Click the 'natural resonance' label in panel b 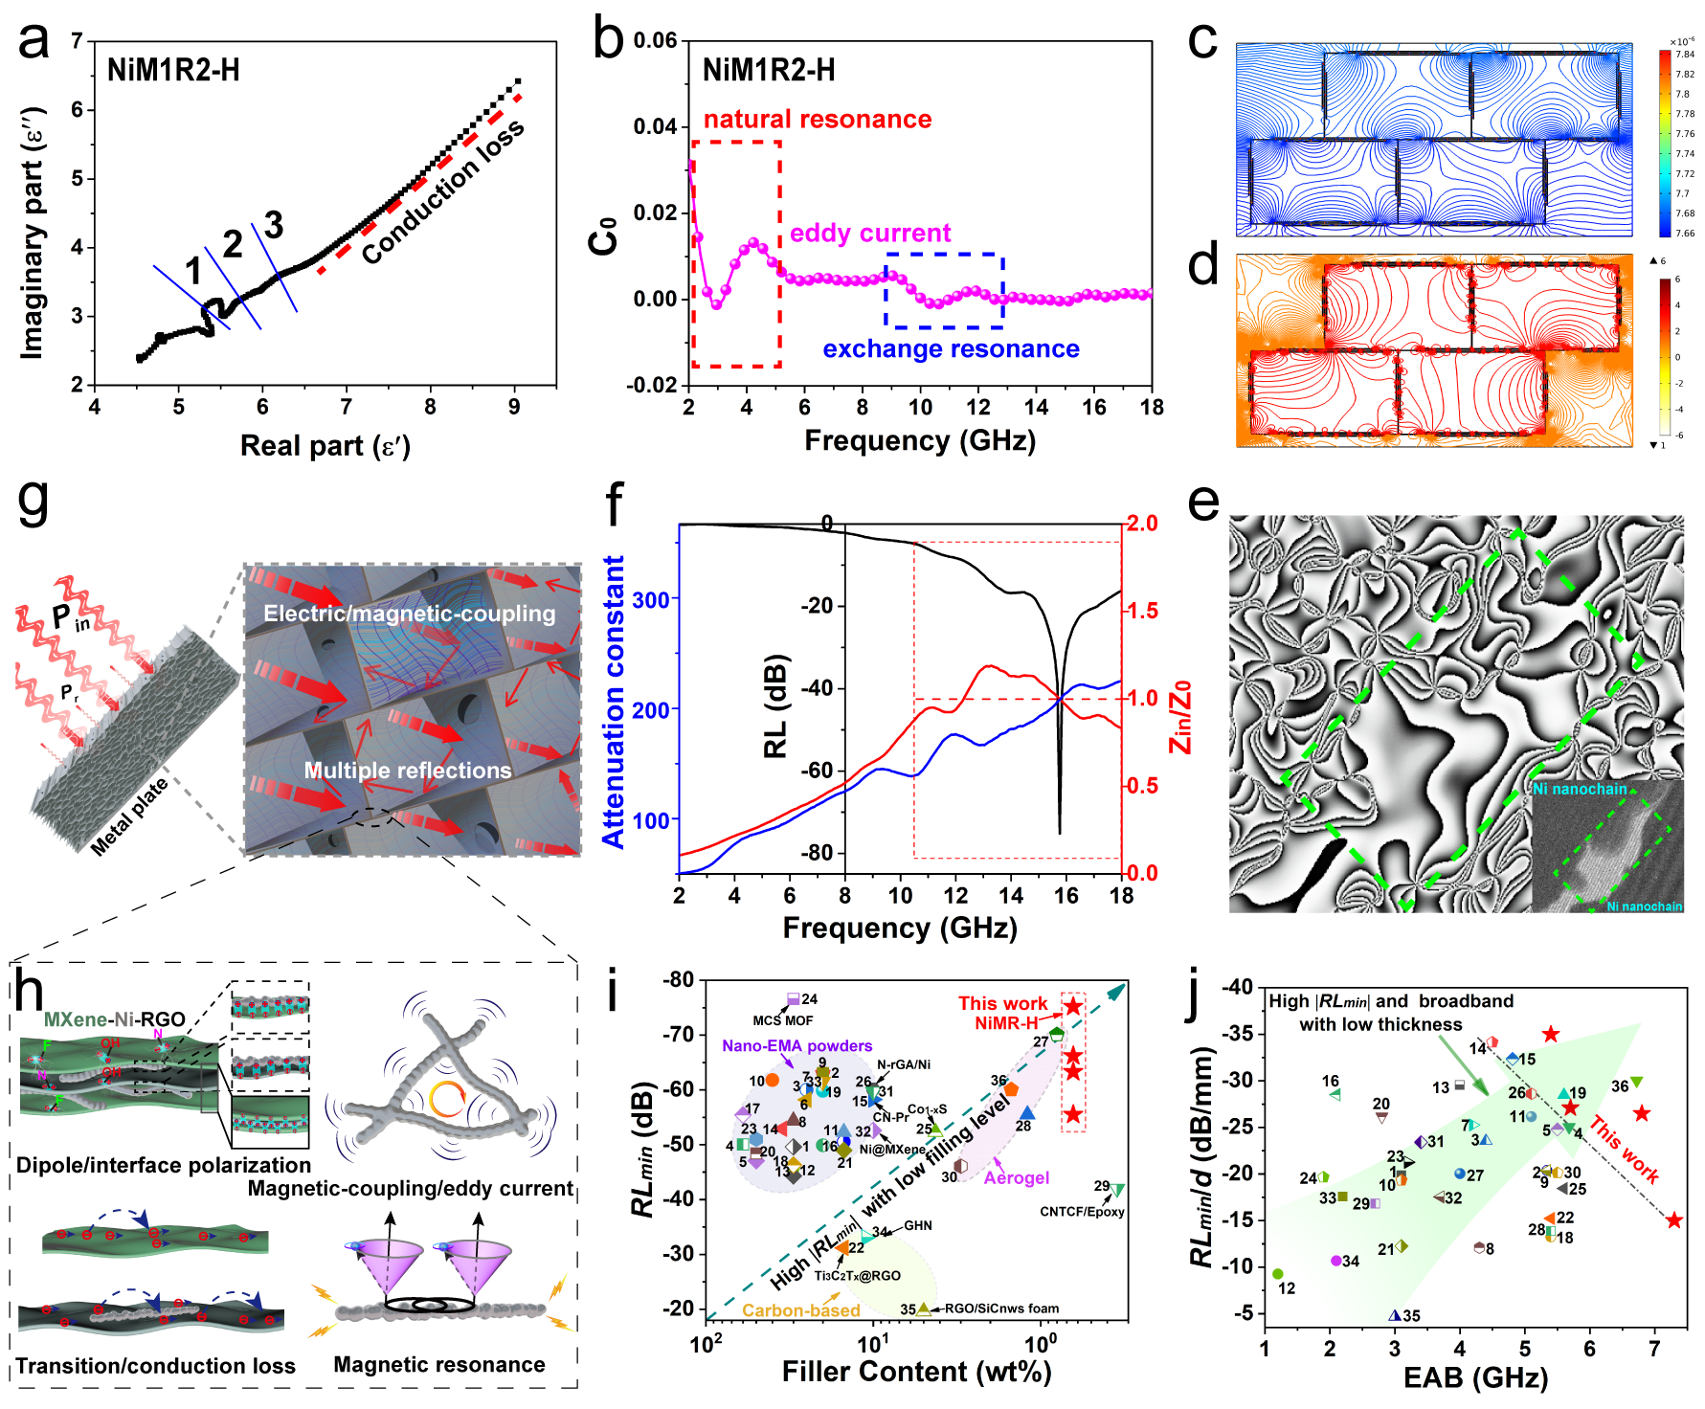(x=817, y=120)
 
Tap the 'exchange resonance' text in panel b (x=951, y=349)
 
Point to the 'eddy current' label (x=869, y=234)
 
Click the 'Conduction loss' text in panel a (x=442, y=192)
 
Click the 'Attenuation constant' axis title (x=613, y=702)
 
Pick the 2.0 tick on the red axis (x=1141, y=524)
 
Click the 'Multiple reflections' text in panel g (x=408, y=771)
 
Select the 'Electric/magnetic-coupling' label (x=409, y=614)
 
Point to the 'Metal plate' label (x=129, y=816)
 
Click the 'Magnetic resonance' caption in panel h (x=438, y=1365)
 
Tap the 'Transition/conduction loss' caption (x=155, y=1366)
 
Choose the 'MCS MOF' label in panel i (x=782, y=1020)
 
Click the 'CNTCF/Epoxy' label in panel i (x=1082, y=1212)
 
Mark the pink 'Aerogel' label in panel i (x=1017, y=1177)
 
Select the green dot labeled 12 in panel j (x=1278, y=1274)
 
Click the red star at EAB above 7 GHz (x=1673, y=1220)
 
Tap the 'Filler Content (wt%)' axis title (x=916, y=1372)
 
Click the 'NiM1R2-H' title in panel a (x=173, y=71)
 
